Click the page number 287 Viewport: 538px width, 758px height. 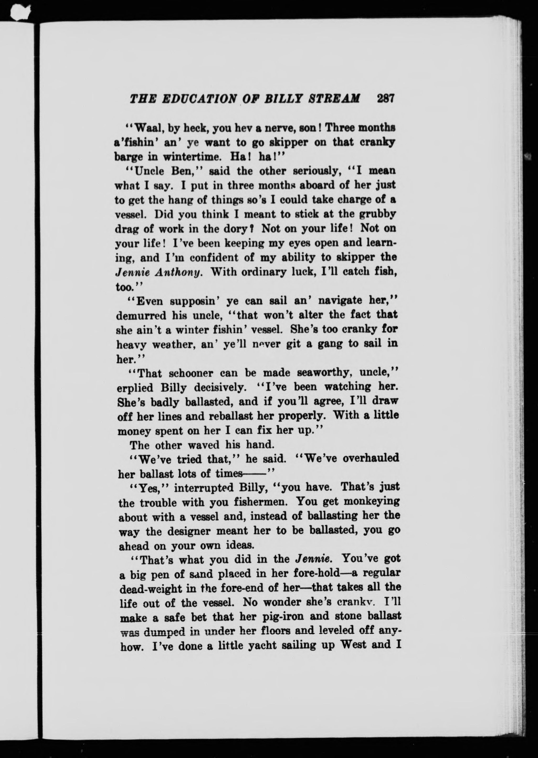pos(385,99)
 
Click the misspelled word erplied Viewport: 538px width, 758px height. pos(135,388)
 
